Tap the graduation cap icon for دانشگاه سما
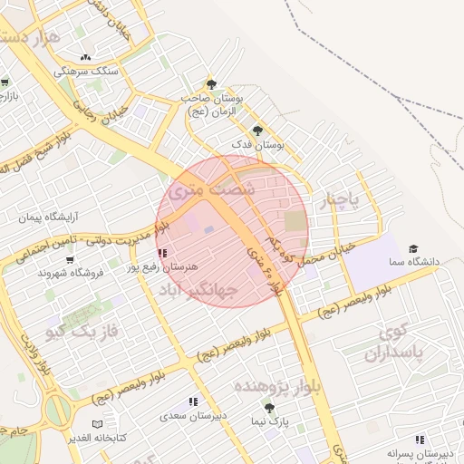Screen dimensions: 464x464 pyautogui.click(x=413, y=247)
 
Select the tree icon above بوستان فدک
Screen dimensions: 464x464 pyautogui.click(x=257, y=130)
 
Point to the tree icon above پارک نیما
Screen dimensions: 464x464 pyautogui.click(x=269, y=407)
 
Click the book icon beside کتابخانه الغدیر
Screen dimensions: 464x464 pyautogui.click(x=98, y=424)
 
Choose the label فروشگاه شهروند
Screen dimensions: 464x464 pyautogui.click(x=72, y=273)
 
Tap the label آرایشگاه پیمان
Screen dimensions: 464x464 pyautogui.click(x=50, y=217)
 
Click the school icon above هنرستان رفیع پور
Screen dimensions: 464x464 pyautogui.click(x=162, y=254)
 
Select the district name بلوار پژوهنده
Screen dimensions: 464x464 pyautogui.click(x=277, y=387)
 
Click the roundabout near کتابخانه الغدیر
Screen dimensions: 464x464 pyautogui.click(x=56, y=410)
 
